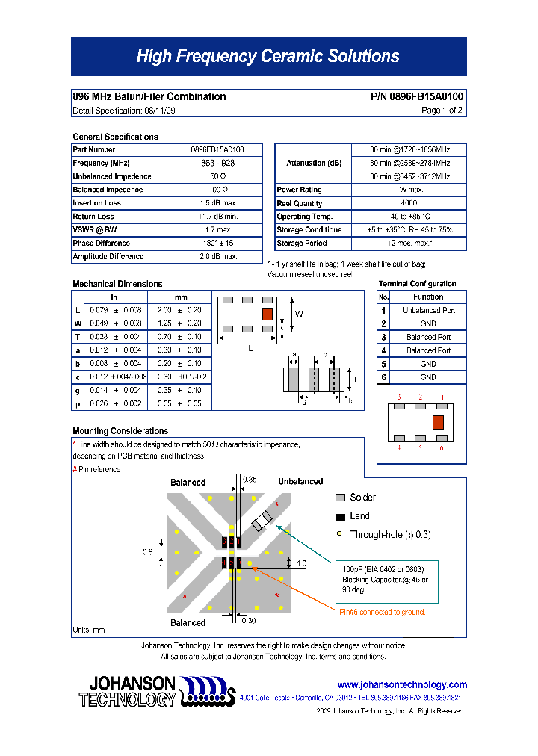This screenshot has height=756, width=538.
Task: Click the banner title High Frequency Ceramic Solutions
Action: (x=268, y=57)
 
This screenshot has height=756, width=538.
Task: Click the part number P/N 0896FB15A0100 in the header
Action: (x=417, y=96)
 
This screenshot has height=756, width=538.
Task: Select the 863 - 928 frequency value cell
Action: (x=217, y=163)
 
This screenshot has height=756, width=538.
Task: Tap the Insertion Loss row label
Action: (x=96, y=203)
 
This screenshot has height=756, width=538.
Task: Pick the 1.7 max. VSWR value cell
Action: (x=217, y=230)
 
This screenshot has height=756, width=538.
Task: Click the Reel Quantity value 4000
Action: (x=409, y=203)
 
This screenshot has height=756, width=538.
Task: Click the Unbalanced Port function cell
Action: (x=428, y=310)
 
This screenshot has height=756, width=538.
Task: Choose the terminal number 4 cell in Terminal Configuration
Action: (x=383, y=350)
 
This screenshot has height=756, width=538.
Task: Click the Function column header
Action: (x=428, y=297)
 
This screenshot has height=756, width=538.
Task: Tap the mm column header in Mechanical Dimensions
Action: (x=181, y=297)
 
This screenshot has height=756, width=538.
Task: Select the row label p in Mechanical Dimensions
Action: (x=78, y=403)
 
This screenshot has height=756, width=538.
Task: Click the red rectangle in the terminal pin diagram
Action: (x=438, y=422)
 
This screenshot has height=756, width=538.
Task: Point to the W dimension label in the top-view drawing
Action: (x=298, y=315)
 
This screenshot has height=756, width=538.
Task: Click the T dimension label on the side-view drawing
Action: (x=355, y=379)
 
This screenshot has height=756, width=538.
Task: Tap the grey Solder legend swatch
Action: (x=340, y=498)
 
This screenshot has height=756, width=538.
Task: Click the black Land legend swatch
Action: (x=340, y=516)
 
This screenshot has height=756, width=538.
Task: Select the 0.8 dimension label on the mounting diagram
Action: (x=147, y=552)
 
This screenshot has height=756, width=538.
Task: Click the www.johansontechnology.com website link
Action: (x=401, y=684)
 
